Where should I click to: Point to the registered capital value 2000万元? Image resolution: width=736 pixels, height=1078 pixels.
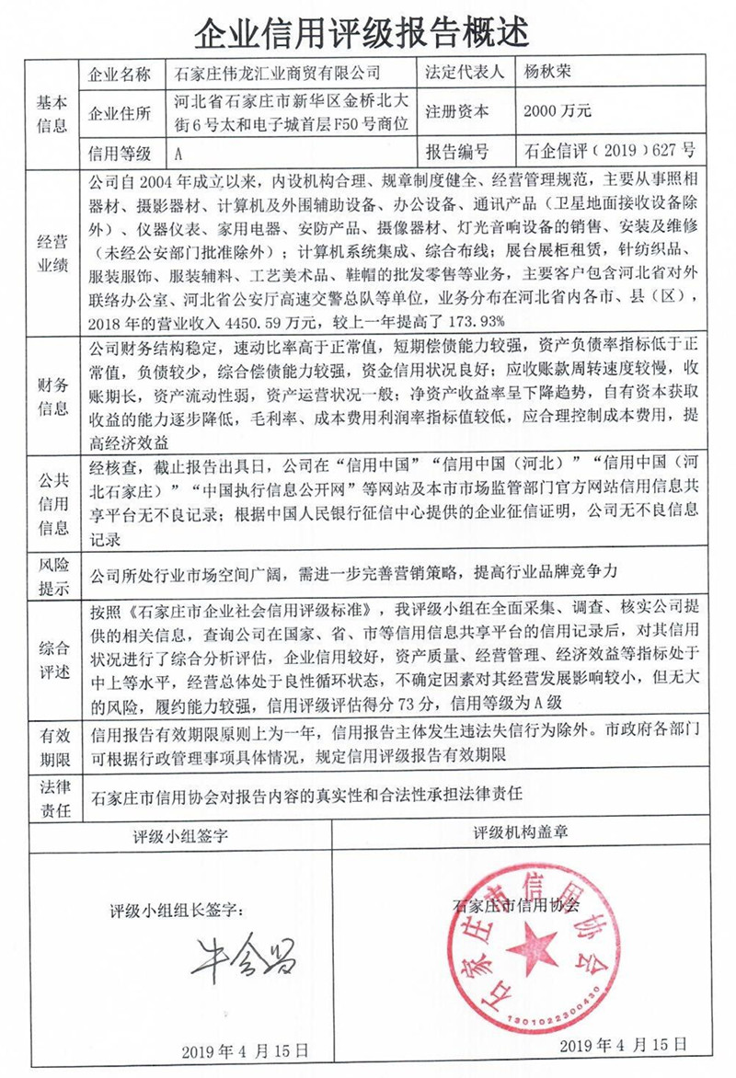[x=557, y=111]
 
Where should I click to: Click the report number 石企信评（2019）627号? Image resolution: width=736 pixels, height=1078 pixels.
[x=608, y=150]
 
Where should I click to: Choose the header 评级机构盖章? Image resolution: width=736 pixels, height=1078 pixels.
[x=520, y=833]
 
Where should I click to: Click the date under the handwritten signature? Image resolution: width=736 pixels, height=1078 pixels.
[x=245, y=1050]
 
